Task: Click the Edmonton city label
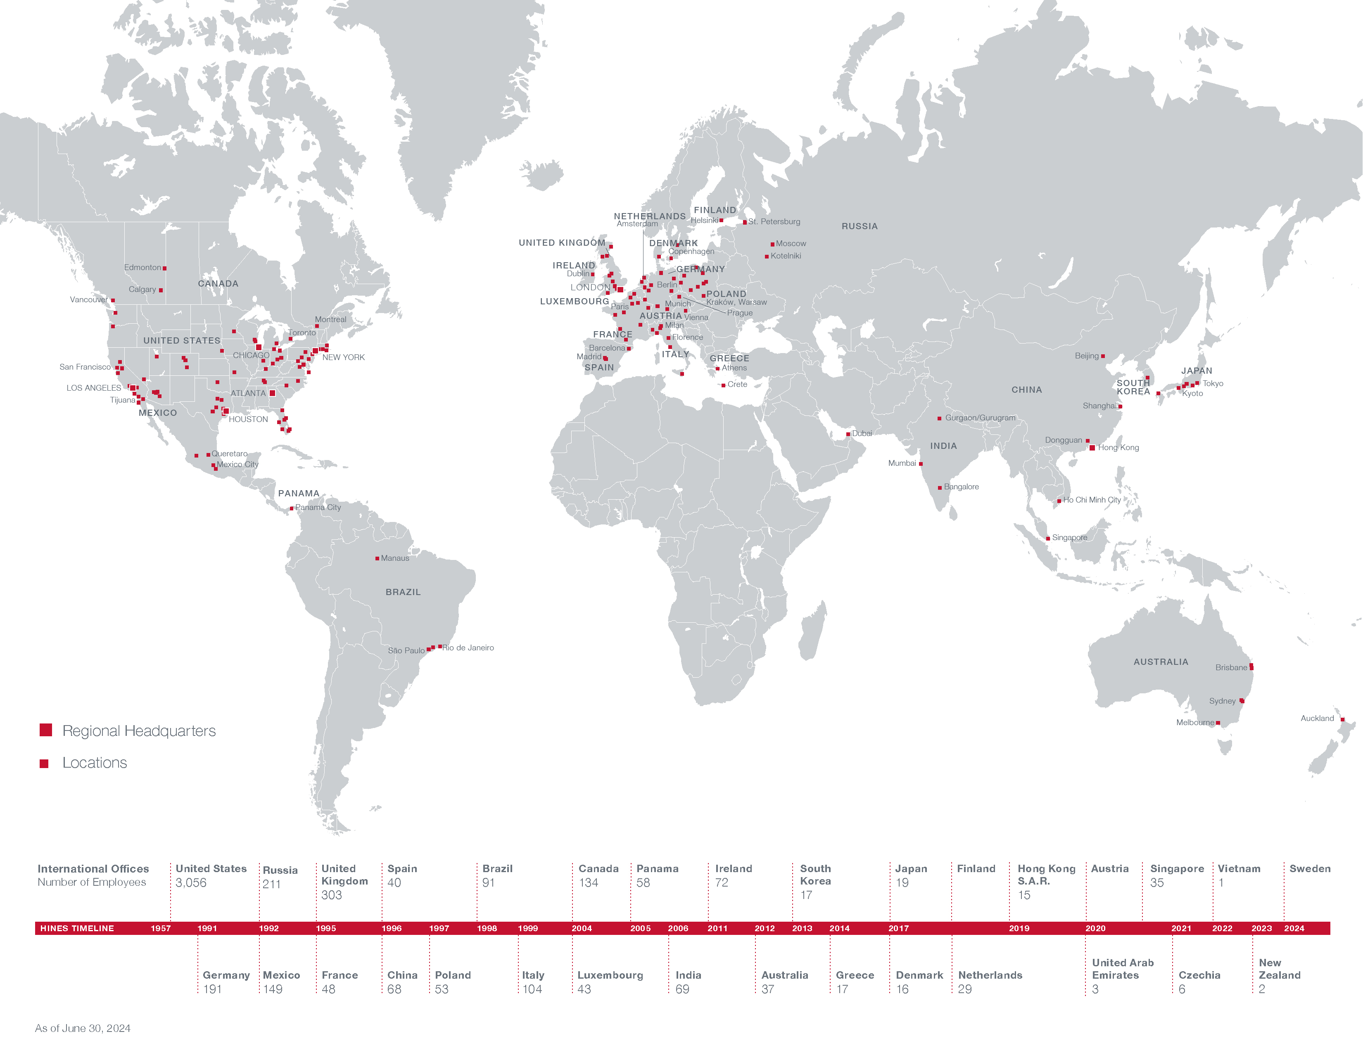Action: tap(142, 268)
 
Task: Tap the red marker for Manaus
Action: tap(377, 558)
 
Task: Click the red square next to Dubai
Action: tap(848, 434)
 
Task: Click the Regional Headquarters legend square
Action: tap(45, 730)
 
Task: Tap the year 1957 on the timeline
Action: tap(160, 928)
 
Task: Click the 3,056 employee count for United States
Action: tap(191, 883)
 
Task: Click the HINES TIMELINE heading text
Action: tap(77, 928)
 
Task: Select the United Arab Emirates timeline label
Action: tap(1122, 969)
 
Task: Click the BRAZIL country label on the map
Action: tap(403, 592)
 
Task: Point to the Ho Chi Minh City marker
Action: tap(1059, 501)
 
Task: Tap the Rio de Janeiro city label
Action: tap(468, 647)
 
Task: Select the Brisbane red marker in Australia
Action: tap(1251, 667)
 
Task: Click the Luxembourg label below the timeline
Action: tap(610, 975)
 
